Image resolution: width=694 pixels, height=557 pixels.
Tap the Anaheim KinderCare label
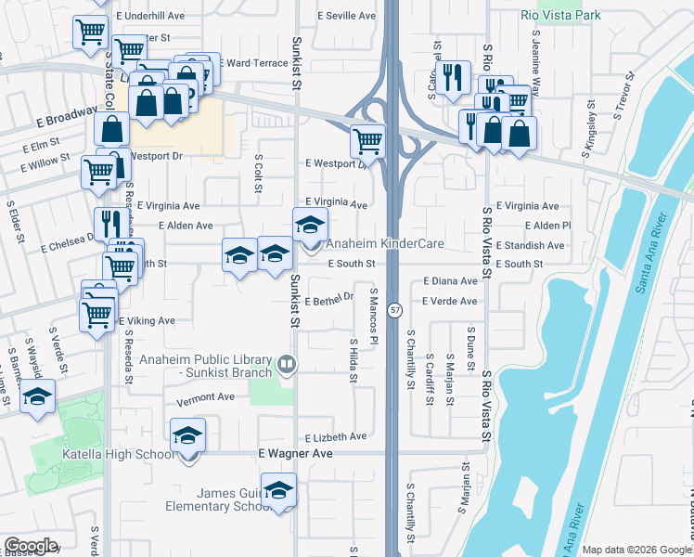click(x=384, y=244)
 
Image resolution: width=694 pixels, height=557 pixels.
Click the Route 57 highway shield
click(x=394, y=310)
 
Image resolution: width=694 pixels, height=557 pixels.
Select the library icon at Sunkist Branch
click(x=287, y=363)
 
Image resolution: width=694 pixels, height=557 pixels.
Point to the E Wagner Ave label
click(x=295, y=454)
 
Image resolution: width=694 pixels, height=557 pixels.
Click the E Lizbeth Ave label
click(x=335, y=436)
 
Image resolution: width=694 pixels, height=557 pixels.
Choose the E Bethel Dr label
click(x=329, y=299)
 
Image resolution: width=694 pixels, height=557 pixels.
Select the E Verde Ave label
click(x=449, y=301)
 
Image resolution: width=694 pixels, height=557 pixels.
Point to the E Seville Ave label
click(x=346, y=16)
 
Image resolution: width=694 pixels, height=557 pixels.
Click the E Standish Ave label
click(x=530, y=245)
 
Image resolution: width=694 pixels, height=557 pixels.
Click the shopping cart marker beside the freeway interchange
click(x=367, y=141)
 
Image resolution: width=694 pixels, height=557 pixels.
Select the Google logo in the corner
click(x=31, y=546)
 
